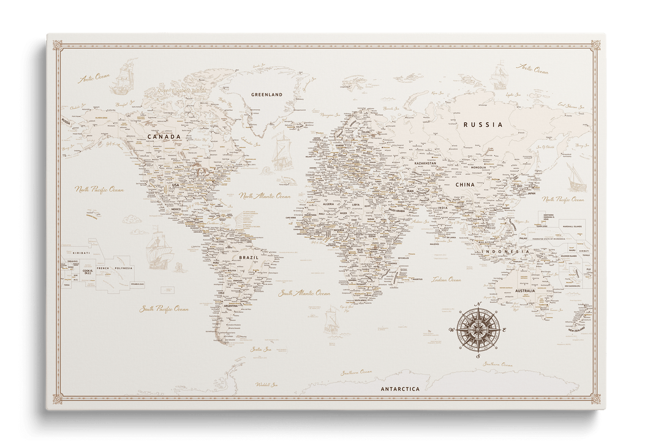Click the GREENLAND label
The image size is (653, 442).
click(266, 95)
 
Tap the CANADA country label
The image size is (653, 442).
click(164, 137)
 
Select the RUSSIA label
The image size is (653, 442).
click(483, 124)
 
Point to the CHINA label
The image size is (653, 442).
click(464, 185)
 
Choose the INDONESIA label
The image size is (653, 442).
click(505, 252)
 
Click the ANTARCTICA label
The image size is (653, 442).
click(399, 389)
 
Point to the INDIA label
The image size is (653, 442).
click(442, 208)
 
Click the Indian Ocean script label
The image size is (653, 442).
click(446, 280)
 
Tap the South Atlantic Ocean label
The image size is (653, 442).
click(304, 294)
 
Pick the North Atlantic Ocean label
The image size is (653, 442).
click(265, 196)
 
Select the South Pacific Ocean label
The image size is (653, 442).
click(164, 309)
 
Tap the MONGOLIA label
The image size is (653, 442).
click(478, 167)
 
